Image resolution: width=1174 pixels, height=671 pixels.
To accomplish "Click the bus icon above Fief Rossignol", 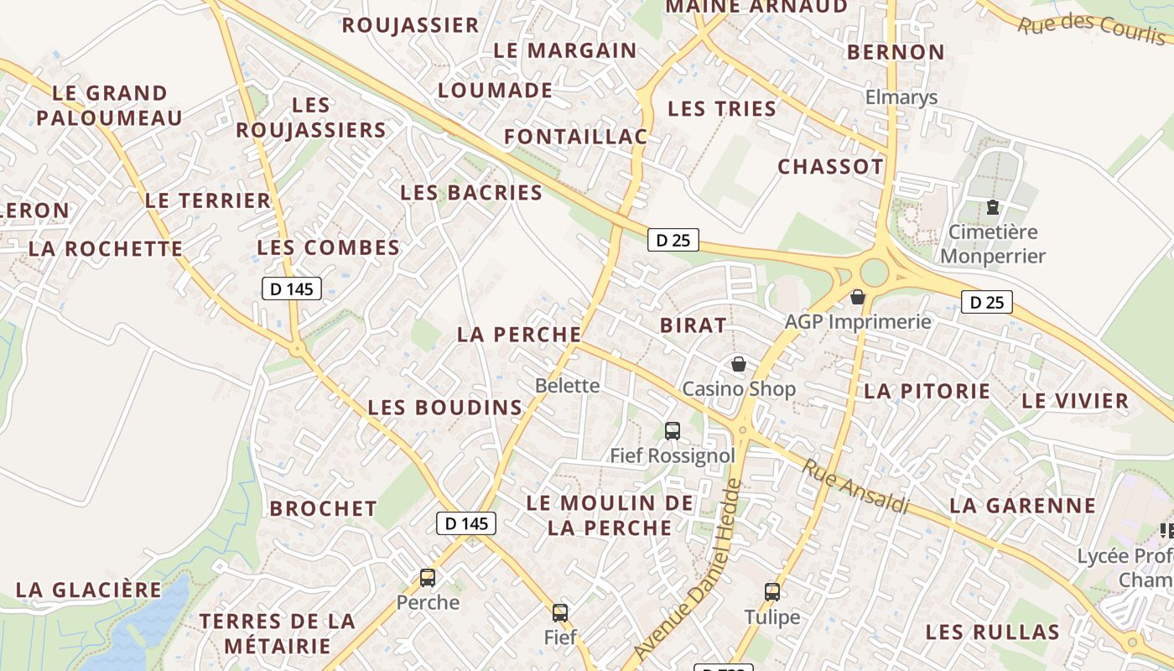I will (672, 431).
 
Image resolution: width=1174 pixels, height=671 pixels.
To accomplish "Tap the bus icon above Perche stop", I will (428, 577).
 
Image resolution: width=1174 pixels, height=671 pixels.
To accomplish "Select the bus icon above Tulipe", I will (772, 592).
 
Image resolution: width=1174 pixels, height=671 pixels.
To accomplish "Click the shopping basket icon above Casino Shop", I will (738, 364).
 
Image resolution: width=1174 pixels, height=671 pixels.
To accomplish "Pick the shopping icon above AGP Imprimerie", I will (857, 297).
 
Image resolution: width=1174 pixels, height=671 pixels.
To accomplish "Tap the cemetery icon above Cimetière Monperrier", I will (993, 207).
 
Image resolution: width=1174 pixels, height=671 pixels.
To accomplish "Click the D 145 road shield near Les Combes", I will (292, 289).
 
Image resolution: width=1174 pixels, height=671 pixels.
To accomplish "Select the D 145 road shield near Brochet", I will (466, 523).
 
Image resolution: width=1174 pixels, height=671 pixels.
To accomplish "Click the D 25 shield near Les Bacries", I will (673, 240).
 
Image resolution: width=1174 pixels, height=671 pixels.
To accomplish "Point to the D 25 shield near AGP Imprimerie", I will (986, 302).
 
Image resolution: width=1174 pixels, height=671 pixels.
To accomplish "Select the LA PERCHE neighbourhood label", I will (518, 335).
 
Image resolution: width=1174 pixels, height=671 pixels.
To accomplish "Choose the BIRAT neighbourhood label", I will (693, 325).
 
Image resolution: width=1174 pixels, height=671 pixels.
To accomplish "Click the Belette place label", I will (568, 386).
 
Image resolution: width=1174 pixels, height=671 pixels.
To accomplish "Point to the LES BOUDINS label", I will (444, 408).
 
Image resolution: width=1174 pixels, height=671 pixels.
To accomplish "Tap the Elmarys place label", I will (901, 97).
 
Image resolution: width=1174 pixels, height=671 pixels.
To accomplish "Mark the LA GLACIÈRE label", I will (89, 590).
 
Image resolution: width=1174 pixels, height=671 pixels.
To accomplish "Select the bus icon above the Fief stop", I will (560, 613).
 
